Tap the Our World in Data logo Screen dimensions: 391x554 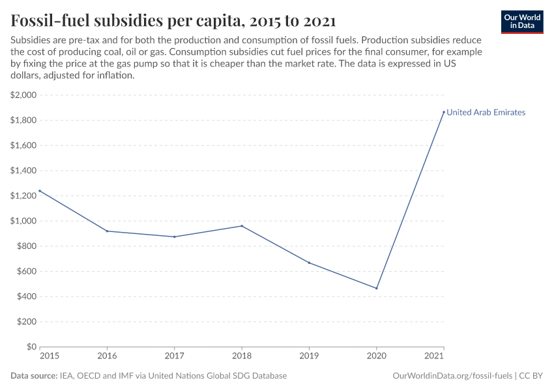(x=521, y=22)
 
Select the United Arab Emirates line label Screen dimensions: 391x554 (x=486, y=113)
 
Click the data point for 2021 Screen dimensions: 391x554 (x=444, y=112)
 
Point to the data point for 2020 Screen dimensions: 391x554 (x=377, y=288)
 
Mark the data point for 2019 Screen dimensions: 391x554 (x=309, y=263)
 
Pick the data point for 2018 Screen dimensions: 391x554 (x=242, y=226)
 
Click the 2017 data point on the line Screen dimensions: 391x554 (x=175, y=237)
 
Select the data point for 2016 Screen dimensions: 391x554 (x=107, y=231)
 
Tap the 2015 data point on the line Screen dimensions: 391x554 (x=40, y=191)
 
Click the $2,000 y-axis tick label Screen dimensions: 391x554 (x=23, y=95)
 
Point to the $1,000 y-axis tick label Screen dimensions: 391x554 (x=23, y=221)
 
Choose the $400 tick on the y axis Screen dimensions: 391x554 (x=26, y=297)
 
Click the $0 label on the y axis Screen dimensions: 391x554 (x=31, y=347)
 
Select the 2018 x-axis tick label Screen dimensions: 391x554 (x=242, y=356)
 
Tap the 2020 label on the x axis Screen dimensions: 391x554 (x=377, y=356)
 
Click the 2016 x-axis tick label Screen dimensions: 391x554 (x=107, y=356)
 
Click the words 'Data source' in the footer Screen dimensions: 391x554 (x=33, y=376)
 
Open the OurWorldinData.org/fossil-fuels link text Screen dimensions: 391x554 (x=452, y=376)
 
